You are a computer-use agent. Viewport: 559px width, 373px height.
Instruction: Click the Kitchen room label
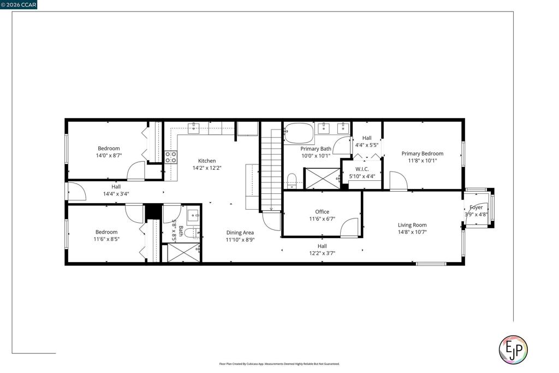(207, 161)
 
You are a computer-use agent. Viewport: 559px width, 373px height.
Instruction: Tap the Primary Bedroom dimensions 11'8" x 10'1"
(423, 161)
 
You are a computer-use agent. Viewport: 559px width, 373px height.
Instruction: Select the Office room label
(322, 212)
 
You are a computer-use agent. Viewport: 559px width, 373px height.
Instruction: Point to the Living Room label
(412, 225)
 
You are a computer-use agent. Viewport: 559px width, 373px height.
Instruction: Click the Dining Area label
(240, 233)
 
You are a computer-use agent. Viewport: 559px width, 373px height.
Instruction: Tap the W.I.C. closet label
(362, 169)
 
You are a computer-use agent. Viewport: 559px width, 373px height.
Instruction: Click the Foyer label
(476, 208)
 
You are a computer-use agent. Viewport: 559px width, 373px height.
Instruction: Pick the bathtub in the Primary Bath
(299, 133)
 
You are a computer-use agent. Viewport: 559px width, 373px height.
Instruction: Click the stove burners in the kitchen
(171, 157)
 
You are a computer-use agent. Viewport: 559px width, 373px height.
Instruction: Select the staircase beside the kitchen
(271, 170)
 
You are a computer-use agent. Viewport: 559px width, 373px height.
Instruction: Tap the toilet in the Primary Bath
(292, 180)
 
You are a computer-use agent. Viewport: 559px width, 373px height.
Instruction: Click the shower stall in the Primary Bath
(323, 178)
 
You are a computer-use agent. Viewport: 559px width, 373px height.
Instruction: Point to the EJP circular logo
(513, 350)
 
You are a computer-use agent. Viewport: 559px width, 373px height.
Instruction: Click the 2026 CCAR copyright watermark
(19, 4)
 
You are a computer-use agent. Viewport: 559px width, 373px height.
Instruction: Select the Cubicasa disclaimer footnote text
(279, 364)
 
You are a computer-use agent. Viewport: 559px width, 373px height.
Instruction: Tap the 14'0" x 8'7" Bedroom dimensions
(109, 156)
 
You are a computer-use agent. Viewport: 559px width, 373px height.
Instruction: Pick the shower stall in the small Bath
(183, 252)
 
